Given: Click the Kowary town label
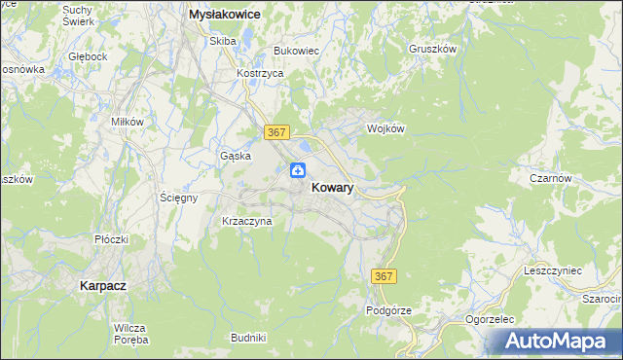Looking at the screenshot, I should (x=332, y=188).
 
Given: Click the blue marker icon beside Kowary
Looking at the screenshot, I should (x=297, y=171).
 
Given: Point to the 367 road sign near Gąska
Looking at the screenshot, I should (x=276, y=130).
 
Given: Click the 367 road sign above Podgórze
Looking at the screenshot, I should (x=384, y=277).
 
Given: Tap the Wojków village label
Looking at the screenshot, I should (x=385, y=127).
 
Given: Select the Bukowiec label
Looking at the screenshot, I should (x=297, y=50).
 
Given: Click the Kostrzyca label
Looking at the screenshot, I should (x=260, y=73).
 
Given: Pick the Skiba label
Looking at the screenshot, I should (x=223, y=41).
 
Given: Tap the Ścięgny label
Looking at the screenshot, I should (x=179, y=198).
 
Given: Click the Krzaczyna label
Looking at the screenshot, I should (x=247, y=221).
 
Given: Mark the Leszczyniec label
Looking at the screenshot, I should (x=552, y=270).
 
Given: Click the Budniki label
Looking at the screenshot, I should (x=248, y=337).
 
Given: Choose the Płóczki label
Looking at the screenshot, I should (x=111, y=239).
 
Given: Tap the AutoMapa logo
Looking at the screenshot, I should (x=558, y=341).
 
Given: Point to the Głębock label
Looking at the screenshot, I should (x=88, y=56).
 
